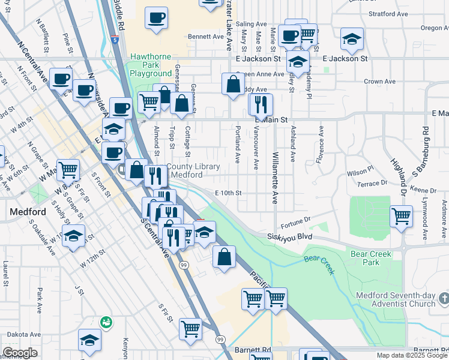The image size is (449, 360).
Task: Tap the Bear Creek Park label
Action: coord(372,258)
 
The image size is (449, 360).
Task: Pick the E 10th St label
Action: coord(228,193)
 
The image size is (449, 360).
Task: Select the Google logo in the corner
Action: coord(20,353)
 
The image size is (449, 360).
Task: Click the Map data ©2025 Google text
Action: coord(411,355)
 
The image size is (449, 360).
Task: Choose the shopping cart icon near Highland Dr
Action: coord(401,215)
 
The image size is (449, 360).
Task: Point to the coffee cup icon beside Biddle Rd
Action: coord(156,18)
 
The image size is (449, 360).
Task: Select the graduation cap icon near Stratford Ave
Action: coord(352,40)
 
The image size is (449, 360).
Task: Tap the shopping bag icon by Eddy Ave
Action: coord(232,84)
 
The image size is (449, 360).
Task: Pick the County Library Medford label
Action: coord(193,170)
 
